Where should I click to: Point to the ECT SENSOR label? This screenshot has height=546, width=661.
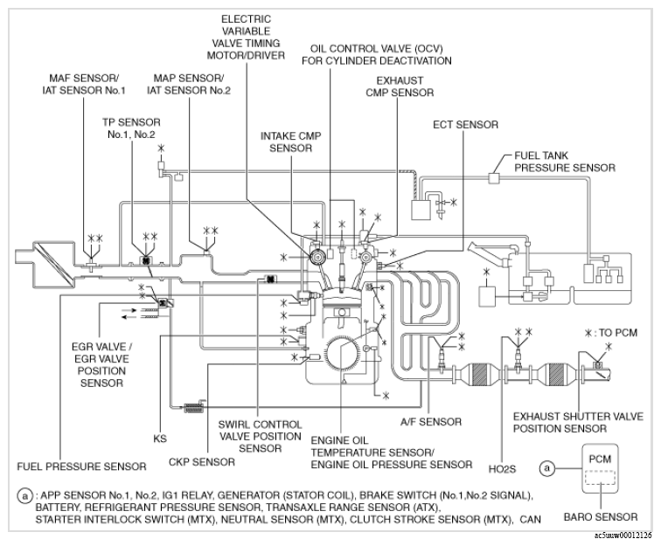point(464,125)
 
